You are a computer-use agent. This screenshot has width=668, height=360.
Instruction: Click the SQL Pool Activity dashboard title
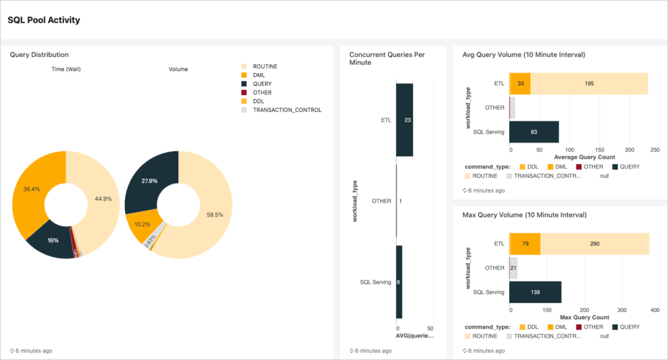tap(44, 20)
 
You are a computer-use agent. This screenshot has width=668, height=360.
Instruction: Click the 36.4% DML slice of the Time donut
tap(31, 189)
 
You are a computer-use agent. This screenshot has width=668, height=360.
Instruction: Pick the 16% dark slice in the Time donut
tap(53, 240)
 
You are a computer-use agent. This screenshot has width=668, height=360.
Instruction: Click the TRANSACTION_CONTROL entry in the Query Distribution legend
tap(287, 110)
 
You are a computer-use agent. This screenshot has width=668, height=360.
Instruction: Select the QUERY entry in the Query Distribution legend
tap(262, 84)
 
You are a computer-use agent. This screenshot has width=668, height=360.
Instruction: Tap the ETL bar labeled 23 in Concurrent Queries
tap(404, 120)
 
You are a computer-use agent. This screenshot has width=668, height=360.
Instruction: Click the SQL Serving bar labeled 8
tap(399, 282)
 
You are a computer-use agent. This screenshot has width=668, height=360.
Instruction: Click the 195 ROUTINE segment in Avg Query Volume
tap(589, 83)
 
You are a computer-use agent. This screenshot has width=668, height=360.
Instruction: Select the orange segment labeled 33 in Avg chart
tap(520, 83)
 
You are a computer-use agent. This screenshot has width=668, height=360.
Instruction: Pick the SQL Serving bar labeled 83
tap(534, 132)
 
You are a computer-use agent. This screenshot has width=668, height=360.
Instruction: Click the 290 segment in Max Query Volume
tap(594, 244)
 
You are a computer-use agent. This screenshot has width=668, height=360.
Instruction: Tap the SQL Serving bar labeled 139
tap(535, 292)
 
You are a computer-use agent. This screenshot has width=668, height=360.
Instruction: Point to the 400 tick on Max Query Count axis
tap(655, 310)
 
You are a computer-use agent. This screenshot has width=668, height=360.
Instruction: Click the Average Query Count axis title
tap(584, 157)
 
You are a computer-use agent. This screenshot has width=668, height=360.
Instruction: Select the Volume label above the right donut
tap(178, 69)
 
